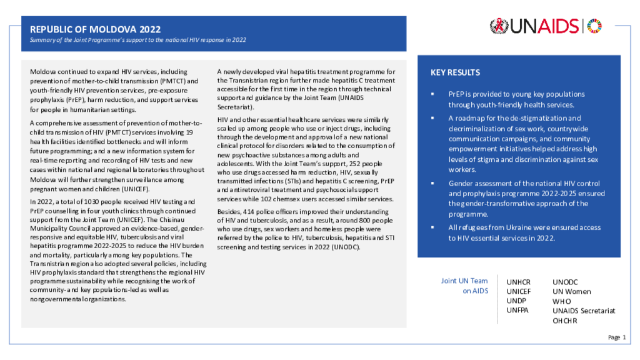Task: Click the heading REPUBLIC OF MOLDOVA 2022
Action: (x=95, y=29)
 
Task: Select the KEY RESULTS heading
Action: (x=455, y=72)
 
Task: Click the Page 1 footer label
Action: (x=616, y=337)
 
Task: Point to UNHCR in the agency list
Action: (x=518, y=282)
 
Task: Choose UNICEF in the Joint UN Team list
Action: (x=519, y=291)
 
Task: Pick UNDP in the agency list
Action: (x=516, y=301)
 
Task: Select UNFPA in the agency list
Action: (x=517, y=310)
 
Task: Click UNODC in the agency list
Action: (x=566, y=282)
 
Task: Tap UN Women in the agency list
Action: (x=571, y=291)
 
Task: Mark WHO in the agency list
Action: (x=562, y=301)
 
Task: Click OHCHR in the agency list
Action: (x=565, y=321)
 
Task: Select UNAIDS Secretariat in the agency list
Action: (x=584, y=311)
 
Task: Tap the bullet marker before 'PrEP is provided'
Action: (x=432, y=94)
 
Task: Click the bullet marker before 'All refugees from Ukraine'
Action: (x=432, y=227)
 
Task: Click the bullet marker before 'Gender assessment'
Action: (x=432, y=184)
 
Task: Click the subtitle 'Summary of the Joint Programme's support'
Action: (x=138, y=40)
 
